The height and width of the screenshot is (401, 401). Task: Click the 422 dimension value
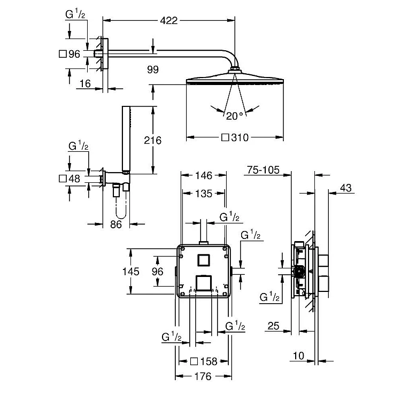(x=168, y=21)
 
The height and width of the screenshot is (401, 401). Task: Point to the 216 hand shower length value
(x=152, y=140)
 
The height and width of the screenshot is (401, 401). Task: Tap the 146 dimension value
(x=204, y=175)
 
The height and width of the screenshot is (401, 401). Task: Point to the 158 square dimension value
(x=209, y=361)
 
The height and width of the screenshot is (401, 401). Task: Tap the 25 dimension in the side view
(x=274, y=325)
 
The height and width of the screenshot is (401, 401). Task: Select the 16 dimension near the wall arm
(x=84, y=84)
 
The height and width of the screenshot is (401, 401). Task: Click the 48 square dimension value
(x=74, y=179)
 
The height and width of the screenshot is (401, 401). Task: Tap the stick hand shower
(x=127, y=139)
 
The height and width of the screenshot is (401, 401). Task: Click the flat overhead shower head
(x=234, y=80)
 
